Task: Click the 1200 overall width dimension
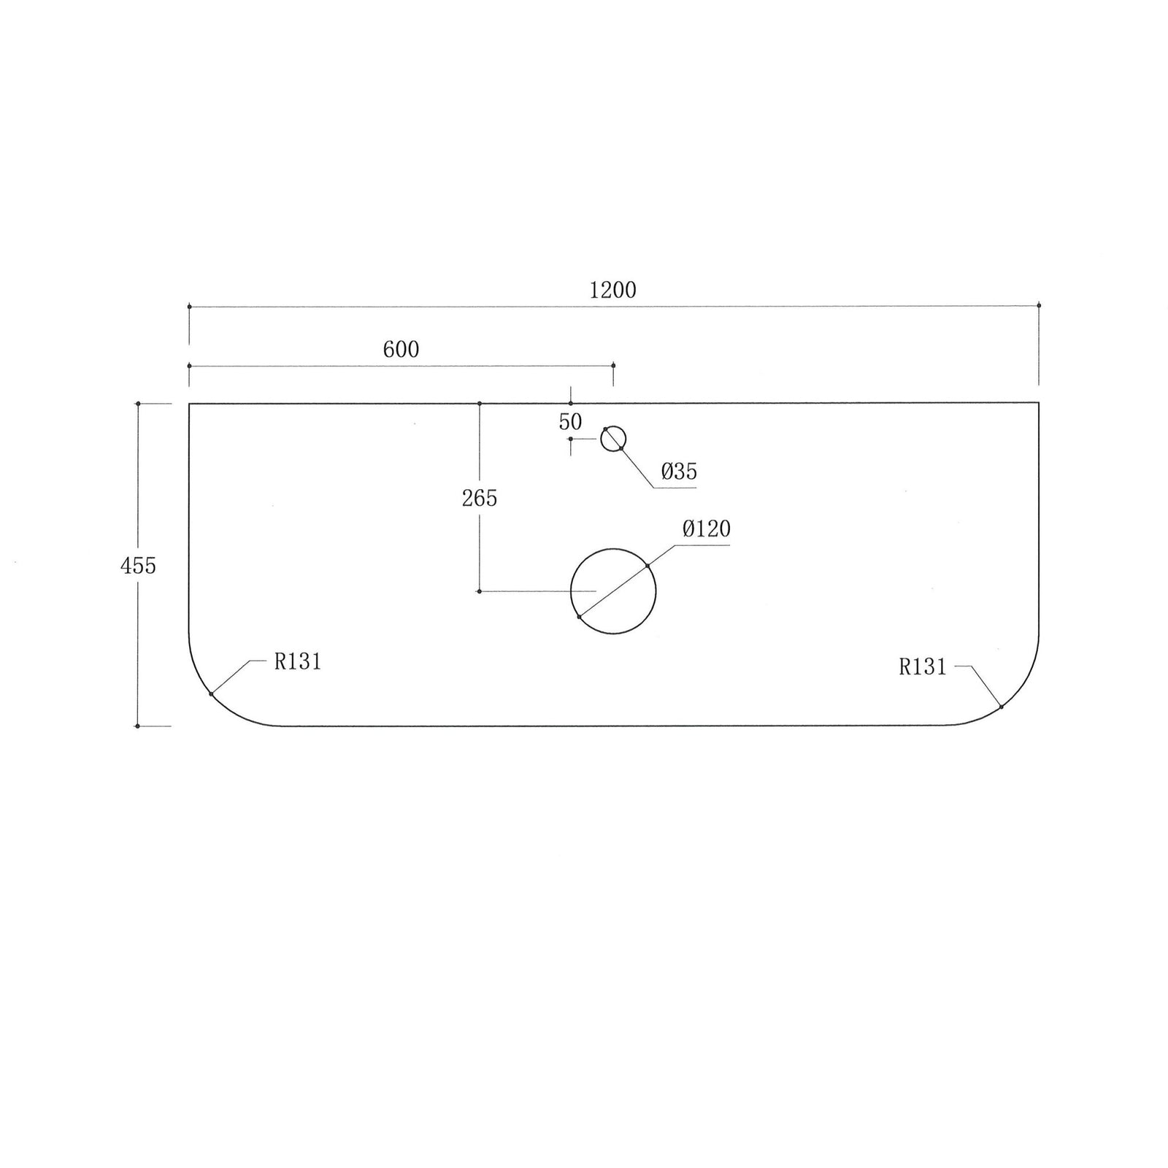click(x=612, y=291)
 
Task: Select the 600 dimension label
click(x=401, y=350)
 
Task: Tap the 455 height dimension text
click(x=138, y=565)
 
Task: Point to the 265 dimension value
click(x=480, y=499)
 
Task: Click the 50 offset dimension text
click(x=570, y=422)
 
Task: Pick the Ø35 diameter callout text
click(x=679, y=472)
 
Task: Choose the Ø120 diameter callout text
click(x=706, y=529)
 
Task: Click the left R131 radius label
click(x=298, y=662)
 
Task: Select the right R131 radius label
click(x=923, y=667)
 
